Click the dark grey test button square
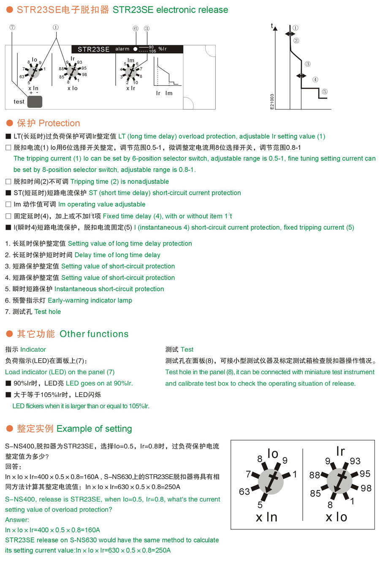[x=35, y=101]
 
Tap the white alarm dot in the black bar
[x=135, y=49]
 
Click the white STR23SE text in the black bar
[x=93, y=49]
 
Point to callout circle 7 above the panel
[x=12, y=27]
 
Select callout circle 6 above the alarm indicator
[x=136, y=29]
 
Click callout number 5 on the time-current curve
[x=324, y=91]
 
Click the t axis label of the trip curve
[x=272, y=26]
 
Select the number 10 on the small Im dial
[x=136, y=82]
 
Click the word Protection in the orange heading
[x=59, y=123]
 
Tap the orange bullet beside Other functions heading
[x=9, y=334]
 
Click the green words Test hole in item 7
[x=48, y=312]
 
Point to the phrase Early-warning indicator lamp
[x=90, y=300]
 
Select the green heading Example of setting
[x=94, y=429]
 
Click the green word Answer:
[x=17, y=520]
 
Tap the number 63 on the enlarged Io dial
[x=244, y=492]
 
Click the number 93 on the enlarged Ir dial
[x=355, y=461]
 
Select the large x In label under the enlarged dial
[x=266, y=517]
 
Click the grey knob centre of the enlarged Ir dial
[x=339, y=481]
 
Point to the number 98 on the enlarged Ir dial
[x=366, y=488]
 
